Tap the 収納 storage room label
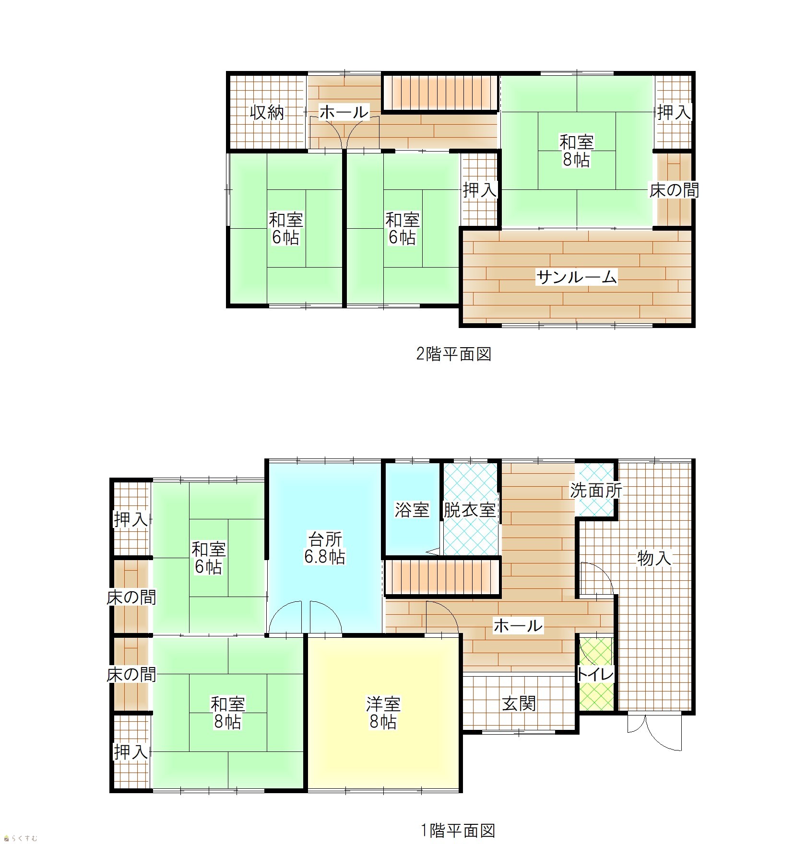tap(267, 113)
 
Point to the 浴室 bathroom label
tap(412, 509)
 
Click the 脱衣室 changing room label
tap(469, 509)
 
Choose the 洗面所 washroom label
tap(596, 490)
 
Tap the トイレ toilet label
tap(595, 675)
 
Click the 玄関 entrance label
tap(519, 703)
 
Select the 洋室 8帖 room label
tap(383, 713)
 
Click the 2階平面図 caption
tap(453, 354)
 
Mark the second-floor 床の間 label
tap(674, 190)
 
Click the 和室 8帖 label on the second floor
tap(577, 151)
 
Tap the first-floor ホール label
tap(518, 626)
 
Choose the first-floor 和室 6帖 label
tap(209, 558)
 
